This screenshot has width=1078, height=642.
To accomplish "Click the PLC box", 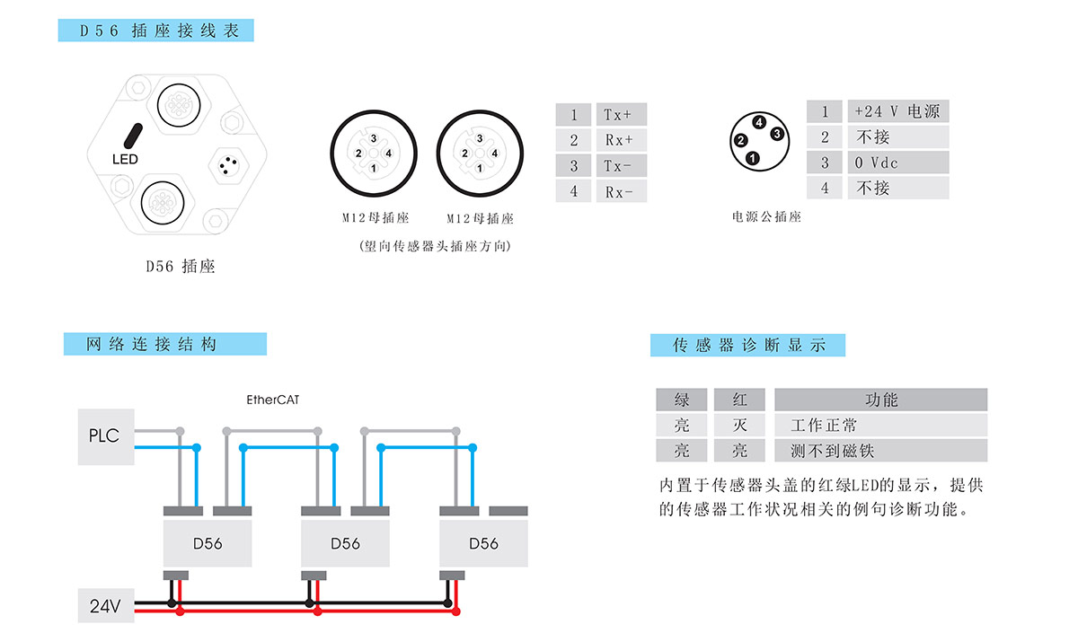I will tap(105, 436).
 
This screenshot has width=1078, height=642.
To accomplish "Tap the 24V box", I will tap(105, 606).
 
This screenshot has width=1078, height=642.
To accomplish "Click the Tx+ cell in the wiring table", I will tap(620, 115).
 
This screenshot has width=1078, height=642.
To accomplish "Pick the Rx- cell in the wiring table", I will tap(620, 191).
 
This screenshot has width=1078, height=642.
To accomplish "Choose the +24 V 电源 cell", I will tap(897, 111).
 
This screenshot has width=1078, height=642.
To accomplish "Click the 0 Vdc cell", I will tap(897, 163).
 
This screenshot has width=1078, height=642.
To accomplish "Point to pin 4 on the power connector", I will tap(759, 122).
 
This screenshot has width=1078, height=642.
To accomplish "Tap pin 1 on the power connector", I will tap(753, 159).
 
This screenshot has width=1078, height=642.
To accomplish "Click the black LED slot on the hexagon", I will tap(132, 136).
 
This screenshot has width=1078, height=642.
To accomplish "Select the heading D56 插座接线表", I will tap(156, 31).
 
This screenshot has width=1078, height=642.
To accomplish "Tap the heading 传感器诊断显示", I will tap(747, 345).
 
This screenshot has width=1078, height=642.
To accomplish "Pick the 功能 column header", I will tap(880, 400).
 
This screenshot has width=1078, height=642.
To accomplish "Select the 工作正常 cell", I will tap(880, 425).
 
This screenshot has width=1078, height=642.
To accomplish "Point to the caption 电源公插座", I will tap(766, 216).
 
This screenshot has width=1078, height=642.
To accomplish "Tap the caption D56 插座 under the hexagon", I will tap(181, 266).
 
